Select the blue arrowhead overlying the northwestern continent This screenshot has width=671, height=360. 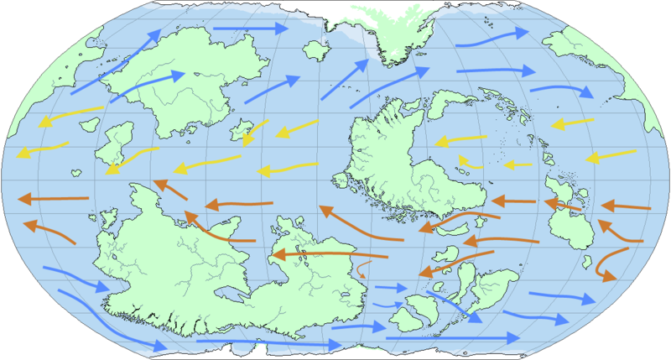174,76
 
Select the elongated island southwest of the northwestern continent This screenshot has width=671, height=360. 114,143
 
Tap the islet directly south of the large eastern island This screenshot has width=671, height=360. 588,259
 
